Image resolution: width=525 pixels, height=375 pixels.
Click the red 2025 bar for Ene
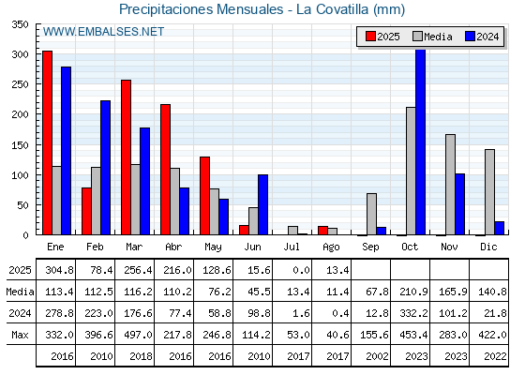48,142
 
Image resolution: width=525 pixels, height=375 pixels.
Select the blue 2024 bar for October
421,142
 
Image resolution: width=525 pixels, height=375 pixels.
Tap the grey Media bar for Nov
450,185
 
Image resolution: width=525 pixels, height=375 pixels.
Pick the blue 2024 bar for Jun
262,204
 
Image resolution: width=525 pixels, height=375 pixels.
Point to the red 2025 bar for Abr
165,170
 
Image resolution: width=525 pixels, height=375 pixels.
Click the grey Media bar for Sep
371,214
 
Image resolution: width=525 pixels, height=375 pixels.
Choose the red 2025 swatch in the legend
370,37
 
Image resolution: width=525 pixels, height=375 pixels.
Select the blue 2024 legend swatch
470,37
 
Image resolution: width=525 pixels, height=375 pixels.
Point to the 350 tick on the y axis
20,24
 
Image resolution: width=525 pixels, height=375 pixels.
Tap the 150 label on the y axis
20,145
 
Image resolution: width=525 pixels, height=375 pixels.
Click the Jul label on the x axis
292,247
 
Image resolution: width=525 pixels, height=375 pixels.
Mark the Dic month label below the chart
488,247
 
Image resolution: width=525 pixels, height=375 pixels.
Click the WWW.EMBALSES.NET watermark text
103,32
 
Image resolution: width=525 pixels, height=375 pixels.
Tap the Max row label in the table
20,335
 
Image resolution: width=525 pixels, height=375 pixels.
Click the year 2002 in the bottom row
377,356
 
